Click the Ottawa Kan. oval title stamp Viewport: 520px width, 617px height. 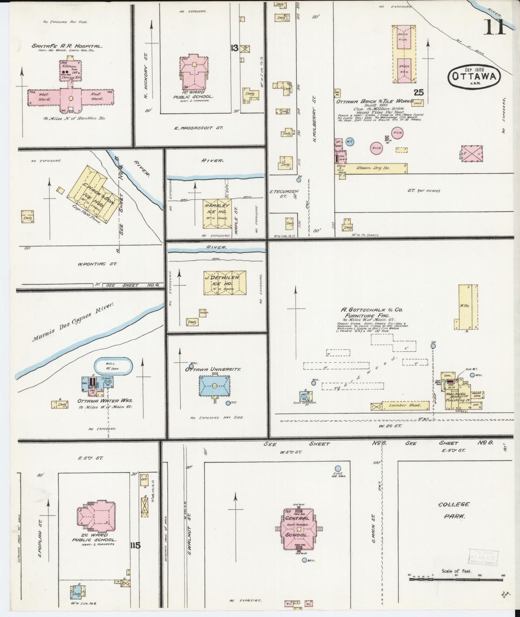pos(474,76)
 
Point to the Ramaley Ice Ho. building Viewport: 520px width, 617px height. pos(216,214)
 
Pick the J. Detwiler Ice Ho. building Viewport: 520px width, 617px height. pos(224,282)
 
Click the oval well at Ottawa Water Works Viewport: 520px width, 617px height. pos(113,366)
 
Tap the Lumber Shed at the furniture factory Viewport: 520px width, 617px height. pos(405,405)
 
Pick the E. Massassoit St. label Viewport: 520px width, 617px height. pos(198,128)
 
